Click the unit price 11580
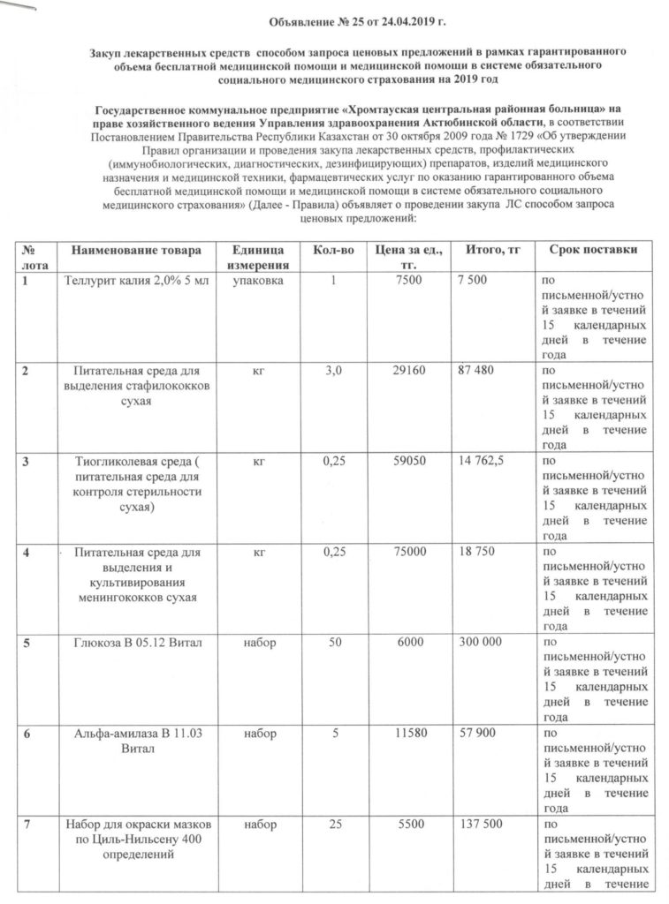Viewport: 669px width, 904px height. [411, 734]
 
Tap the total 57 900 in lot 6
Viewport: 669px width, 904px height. [477, 734]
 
